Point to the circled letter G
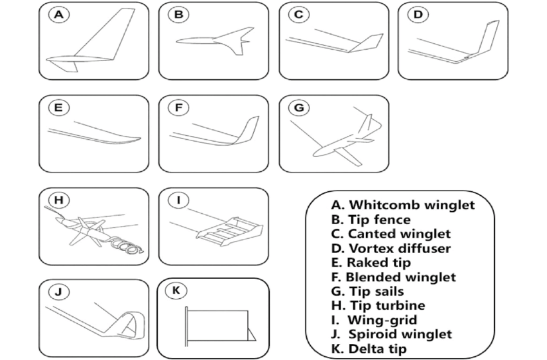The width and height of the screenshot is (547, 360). point(298,108)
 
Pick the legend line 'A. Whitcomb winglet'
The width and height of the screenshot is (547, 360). point(403,205)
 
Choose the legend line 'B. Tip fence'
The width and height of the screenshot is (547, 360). point(371,220)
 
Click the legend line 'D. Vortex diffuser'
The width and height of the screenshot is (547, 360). point(391,249)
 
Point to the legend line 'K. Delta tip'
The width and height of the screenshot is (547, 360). point(369,348)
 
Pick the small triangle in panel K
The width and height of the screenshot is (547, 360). point(252,332)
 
